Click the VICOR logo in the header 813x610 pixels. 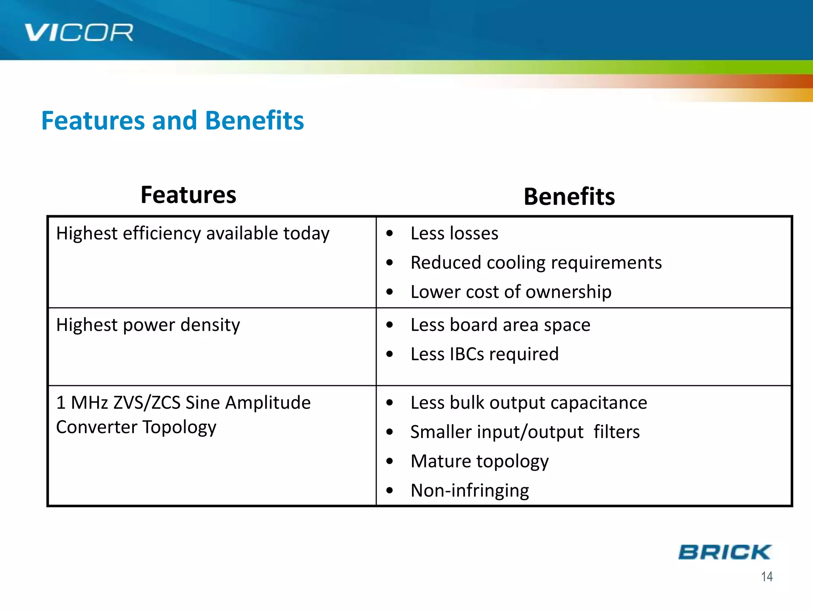78,33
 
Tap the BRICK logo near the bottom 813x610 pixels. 724,552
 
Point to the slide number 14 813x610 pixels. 767,577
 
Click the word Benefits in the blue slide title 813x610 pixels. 254,121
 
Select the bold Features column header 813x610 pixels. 188,195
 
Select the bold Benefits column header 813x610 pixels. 569,197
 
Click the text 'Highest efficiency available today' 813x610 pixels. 193,234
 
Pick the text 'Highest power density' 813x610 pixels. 148,325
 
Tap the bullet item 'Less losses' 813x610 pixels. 454,233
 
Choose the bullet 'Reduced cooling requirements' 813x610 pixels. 536,263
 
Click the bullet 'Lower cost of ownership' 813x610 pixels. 511,292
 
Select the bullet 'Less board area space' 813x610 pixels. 500,325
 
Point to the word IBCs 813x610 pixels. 467,354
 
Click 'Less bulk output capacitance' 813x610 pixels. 528,403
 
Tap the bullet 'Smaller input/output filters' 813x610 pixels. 525,432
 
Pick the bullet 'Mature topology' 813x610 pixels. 479,461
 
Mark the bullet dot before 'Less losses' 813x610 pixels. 389,234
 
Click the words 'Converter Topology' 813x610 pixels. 136,427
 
